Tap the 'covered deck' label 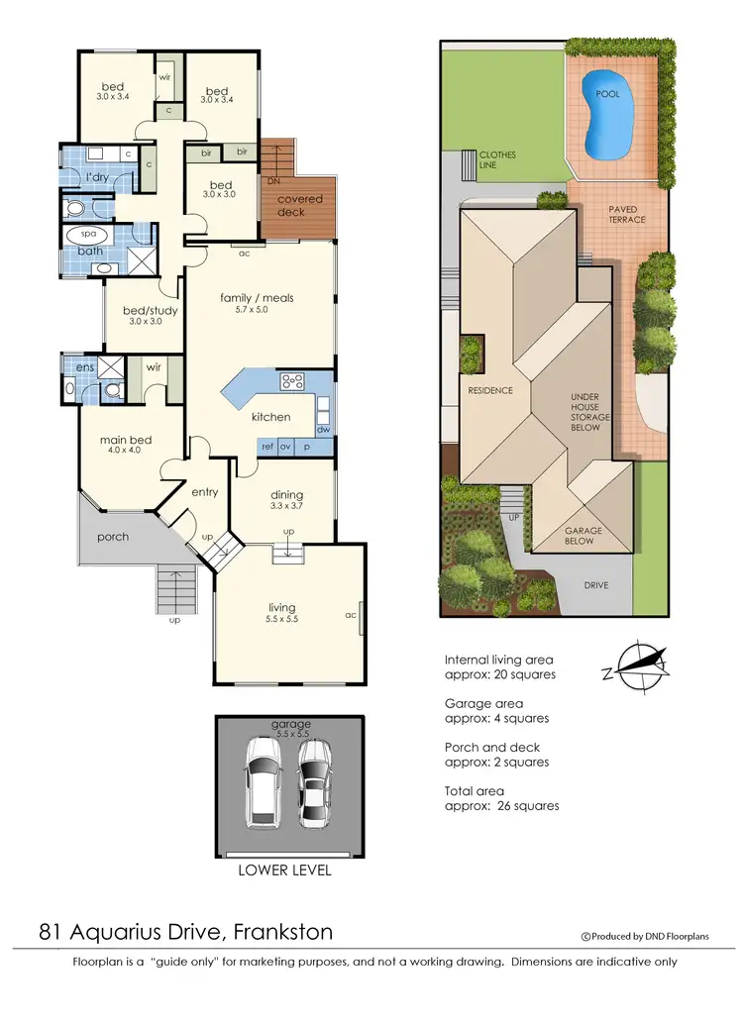click(299, 205)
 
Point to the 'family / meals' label click(257, 297)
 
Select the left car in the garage click(265, 783)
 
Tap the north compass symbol click(634, 665)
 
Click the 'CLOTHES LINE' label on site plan click(497, 160)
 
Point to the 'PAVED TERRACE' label click(626, 214)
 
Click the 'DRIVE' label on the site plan click(595, 584)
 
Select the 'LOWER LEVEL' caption click(284, 870)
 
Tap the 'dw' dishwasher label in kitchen click(323, 429)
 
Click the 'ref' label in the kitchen click(266, 447)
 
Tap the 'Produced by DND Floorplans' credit click(644, 937)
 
